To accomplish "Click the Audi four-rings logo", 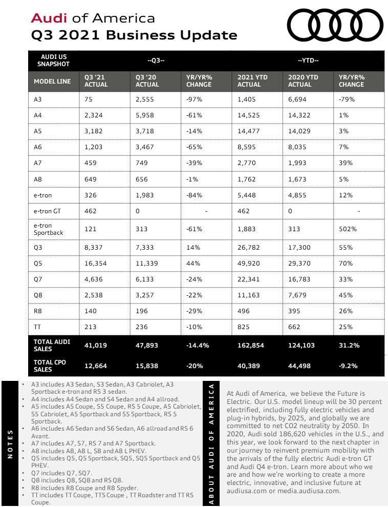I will (335, 25).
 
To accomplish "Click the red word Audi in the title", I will (50, 18).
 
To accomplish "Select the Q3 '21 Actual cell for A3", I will (89, 99).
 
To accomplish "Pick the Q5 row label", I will (37, 263).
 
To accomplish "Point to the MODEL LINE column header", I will (52, 81).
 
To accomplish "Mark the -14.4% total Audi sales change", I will (198, 346).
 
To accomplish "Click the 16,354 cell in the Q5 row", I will (96, 263).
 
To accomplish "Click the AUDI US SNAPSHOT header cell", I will (52, 60).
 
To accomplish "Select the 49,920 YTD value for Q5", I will (250, 263).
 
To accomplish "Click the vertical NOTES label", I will (11, 444).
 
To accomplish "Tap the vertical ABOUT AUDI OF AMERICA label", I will (211, 444).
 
